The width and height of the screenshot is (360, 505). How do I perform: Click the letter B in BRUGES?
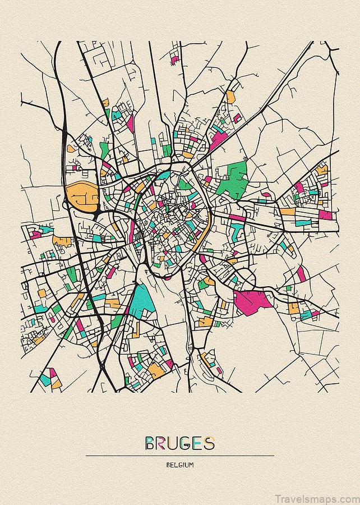(x=151, y=444)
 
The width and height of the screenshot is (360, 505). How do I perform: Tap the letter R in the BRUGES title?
(x=163, y=444)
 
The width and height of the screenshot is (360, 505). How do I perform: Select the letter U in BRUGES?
(x=176, y=444)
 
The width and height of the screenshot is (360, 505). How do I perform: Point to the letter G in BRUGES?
(x=188, y=444)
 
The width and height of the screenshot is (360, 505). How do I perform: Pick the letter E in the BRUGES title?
(x=200, y=444)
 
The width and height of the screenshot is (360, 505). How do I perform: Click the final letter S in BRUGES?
(x=210, y=444)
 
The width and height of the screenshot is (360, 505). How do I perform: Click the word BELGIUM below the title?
(x=180, y=465)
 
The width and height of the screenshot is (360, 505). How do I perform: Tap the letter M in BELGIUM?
(x=192, y=465)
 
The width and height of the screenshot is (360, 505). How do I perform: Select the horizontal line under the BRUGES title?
(x=180, y=456)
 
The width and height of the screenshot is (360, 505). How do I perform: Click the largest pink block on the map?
(x=252, y=301)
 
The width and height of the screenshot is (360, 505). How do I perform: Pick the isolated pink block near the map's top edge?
(x=174, y=58)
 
